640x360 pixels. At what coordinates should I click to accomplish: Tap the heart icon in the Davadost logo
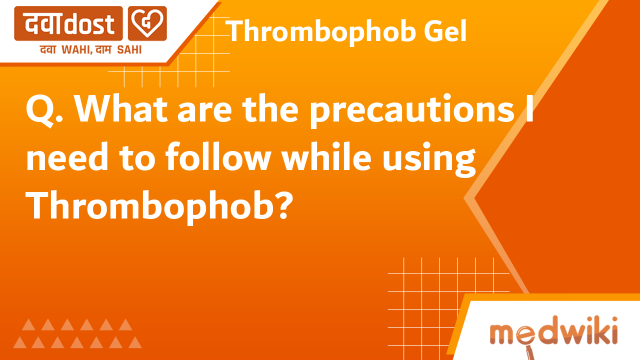147,23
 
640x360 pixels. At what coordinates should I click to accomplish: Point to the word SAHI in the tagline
129,49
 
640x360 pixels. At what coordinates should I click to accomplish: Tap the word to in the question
137,158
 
